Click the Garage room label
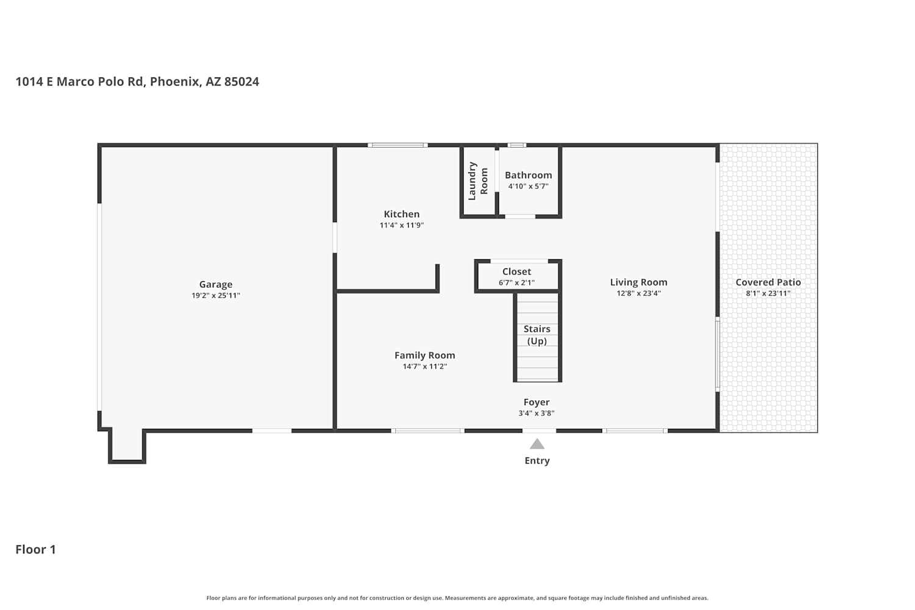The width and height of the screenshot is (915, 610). click(x=216, y=284)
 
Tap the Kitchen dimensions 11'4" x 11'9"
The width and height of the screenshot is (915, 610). click(x=401, y=225)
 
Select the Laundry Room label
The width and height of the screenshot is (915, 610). click(x=478, y=181)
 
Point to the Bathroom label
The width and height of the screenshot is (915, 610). click(x=528, y=175)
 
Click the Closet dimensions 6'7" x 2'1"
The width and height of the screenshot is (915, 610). click(x=517, y=282)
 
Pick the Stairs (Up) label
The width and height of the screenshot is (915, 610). click(x=537, y=335)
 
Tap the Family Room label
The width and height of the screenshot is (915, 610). click(x=425, y=356)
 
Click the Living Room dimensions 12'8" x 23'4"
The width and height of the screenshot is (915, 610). click(x=639, y=293)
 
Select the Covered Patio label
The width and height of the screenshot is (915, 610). click(x=769, y=282)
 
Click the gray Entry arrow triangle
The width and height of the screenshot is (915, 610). click(x=537, y=443)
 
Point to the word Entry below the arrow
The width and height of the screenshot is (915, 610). click(x=537, y=461)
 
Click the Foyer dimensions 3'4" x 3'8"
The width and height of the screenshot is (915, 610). click(x=536, y=413)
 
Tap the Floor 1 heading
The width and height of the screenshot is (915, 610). click(x=35, y=550)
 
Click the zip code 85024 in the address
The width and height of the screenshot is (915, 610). click(x=242, y=82)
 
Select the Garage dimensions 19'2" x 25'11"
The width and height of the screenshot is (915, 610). click(x=216, y=295)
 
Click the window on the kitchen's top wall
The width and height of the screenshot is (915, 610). click(x=398, y=145)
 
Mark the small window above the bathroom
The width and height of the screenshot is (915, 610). click(x=517, y=145)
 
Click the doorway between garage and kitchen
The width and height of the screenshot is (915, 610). click(x=334, y=238)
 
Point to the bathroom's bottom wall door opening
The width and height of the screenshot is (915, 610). click(x=520, y=217)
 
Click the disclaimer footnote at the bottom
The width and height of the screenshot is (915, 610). click(x=457, y=598)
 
